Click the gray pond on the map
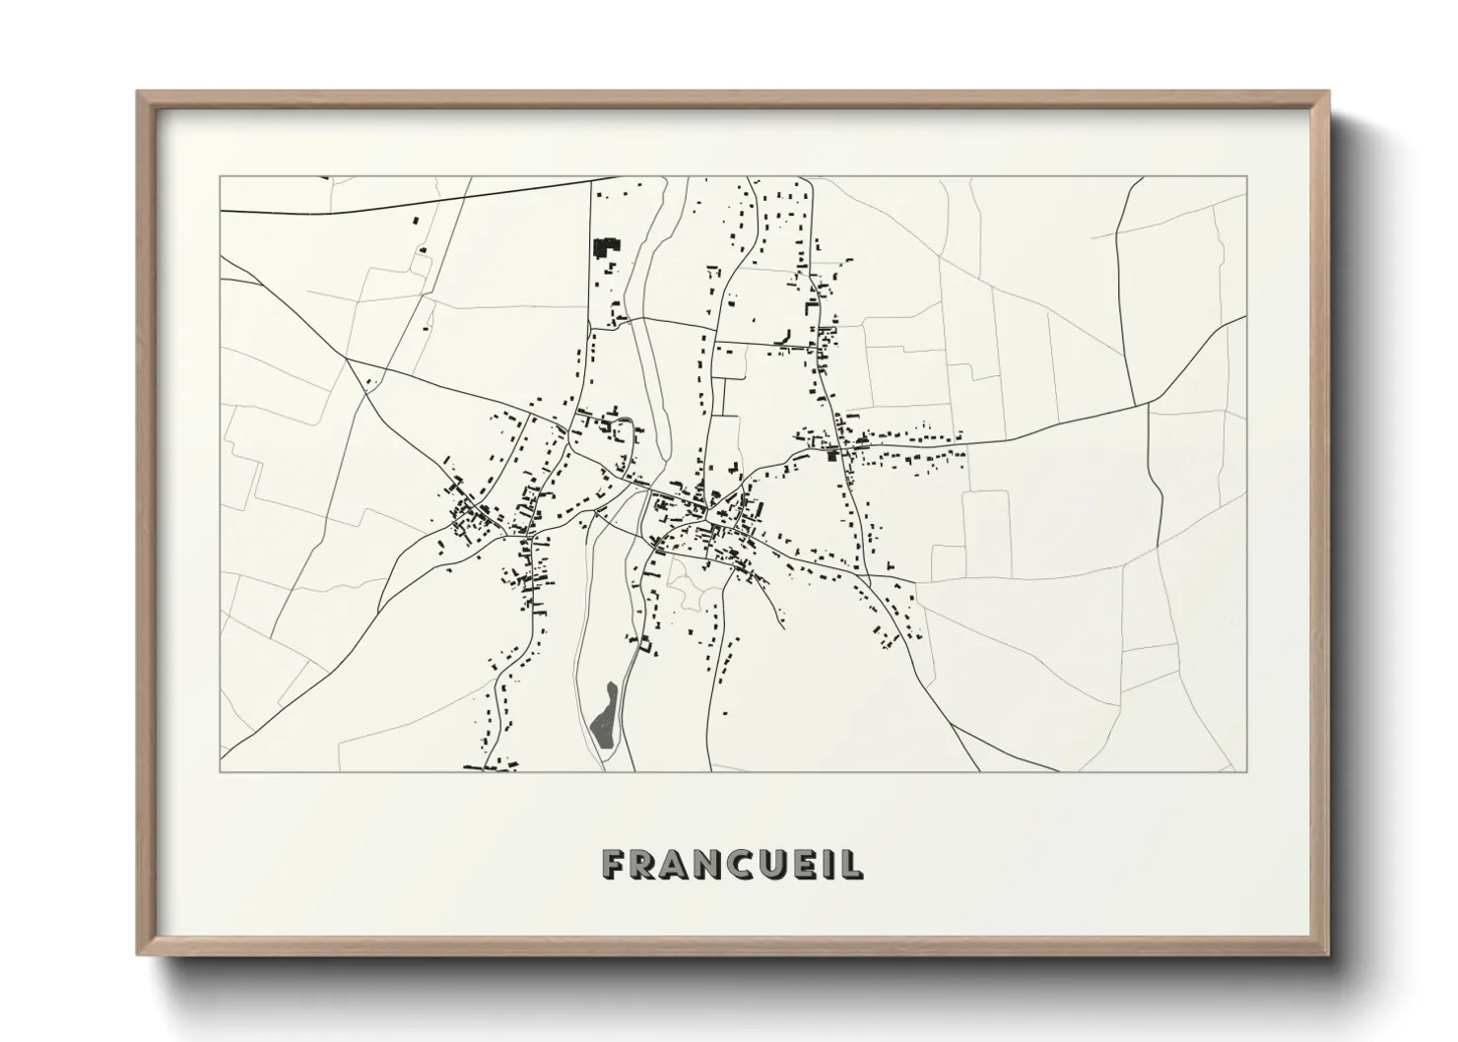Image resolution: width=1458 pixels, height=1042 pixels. click(x=605, y=716)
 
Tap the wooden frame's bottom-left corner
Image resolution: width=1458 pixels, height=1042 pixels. click(x=139, y=953)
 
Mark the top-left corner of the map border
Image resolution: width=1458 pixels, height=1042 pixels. click(x=220, y=177)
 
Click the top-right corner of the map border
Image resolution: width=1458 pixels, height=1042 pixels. click(x=1247, y=177)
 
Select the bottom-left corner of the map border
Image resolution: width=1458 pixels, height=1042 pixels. click(x=220, y=771)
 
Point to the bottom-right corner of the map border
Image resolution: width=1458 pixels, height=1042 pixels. click(x=1247, y=771)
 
